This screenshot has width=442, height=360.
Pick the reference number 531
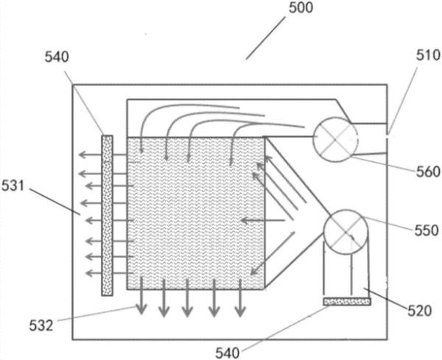(x=16, y=187)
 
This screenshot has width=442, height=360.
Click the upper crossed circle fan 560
(x=335, y=137)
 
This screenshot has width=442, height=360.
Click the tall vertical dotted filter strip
(x=108, y=215)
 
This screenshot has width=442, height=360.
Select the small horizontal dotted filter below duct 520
(x=346, y=300)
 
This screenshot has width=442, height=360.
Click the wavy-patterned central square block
(x=195, y=213)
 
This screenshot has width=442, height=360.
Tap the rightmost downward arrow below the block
(x=239, y=303)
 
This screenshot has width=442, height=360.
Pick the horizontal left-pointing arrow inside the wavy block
(x=262, y=219)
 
